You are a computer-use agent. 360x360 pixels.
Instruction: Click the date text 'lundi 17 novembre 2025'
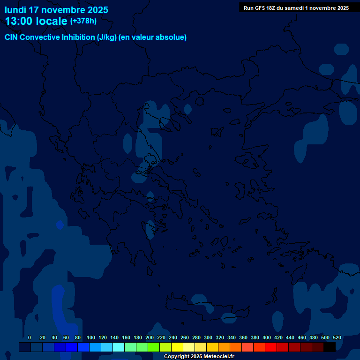click(56, 10)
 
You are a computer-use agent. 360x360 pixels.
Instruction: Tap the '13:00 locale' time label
click(36, 21)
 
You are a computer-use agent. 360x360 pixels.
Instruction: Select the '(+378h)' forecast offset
click(83, 21)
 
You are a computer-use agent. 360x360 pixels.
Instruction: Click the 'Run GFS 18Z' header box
click(296, 8)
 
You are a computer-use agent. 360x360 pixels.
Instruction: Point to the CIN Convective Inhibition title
click(96, 37)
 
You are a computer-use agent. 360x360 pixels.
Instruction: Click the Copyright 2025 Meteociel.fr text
click(199, 356)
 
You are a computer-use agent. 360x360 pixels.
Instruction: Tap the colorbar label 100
click(91, 337)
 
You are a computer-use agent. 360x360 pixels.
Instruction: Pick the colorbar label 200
click(150, 337)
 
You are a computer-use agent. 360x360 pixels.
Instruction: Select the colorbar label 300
click(208, 337)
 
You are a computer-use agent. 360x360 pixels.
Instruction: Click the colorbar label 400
click(267, 337)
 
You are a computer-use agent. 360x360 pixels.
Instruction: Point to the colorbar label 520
click(337, 337)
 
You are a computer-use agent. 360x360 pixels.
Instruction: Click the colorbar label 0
click(30, 337)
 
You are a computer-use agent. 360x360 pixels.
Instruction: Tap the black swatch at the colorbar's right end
click(330, 347)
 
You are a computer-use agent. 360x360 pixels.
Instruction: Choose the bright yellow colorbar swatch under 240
click(177, 347)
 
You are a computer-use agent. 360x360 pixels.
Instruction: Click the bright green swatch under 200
click(154, 347)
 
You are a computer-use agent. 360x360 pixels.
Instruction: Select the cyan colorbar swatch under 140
click(119, 347)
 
